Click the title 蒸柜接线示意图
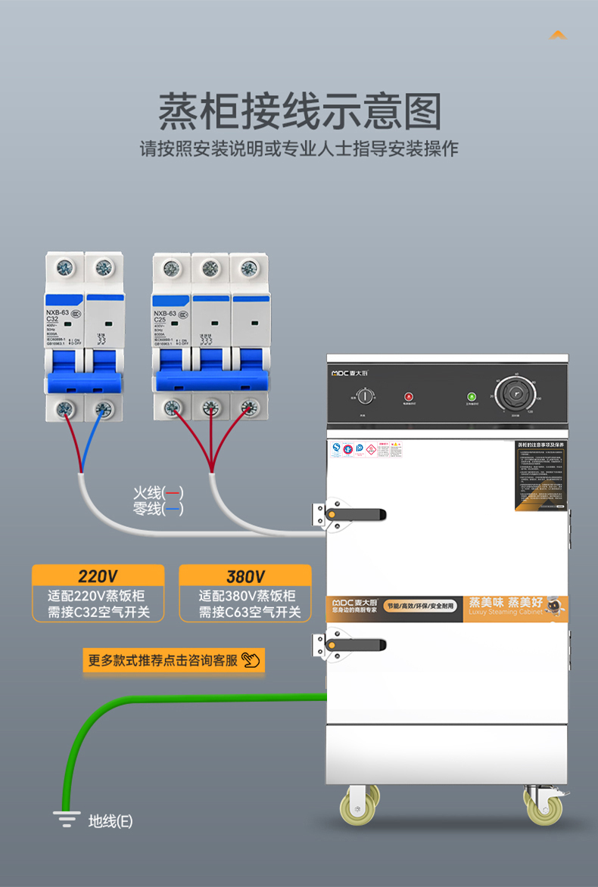coord(299,112)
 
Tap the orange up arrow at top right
coord(558,35)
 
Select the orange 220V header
coord(98,576)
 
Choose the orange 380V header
coord(245,576)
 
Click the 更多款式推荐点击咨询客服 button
coord(173,660)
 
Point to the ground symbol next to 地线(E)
coord(66,819)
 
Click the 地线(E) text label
coord(111,820)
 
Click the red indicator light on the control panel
coord(409,396)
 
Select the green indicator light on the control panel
coord(471,396)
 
